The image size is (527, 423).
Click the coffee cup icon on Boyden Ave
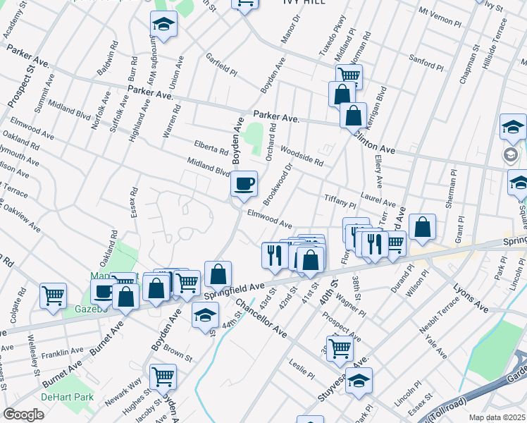click(244, 184)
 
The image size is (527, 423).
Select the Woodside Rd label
click(302, 156)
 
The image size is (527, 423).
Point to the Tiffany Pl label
click(340, 202)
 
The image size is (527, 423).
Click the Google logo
click(23, 415)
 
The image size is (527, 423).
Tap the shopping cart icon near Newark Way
click(163, 376)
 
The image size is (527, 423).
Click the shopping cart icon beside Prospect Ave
click(340, 347)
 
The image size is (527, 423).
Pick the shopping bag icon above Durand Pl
click(422, 227)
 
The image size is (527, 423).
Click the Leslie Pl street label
click(302, 367)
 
